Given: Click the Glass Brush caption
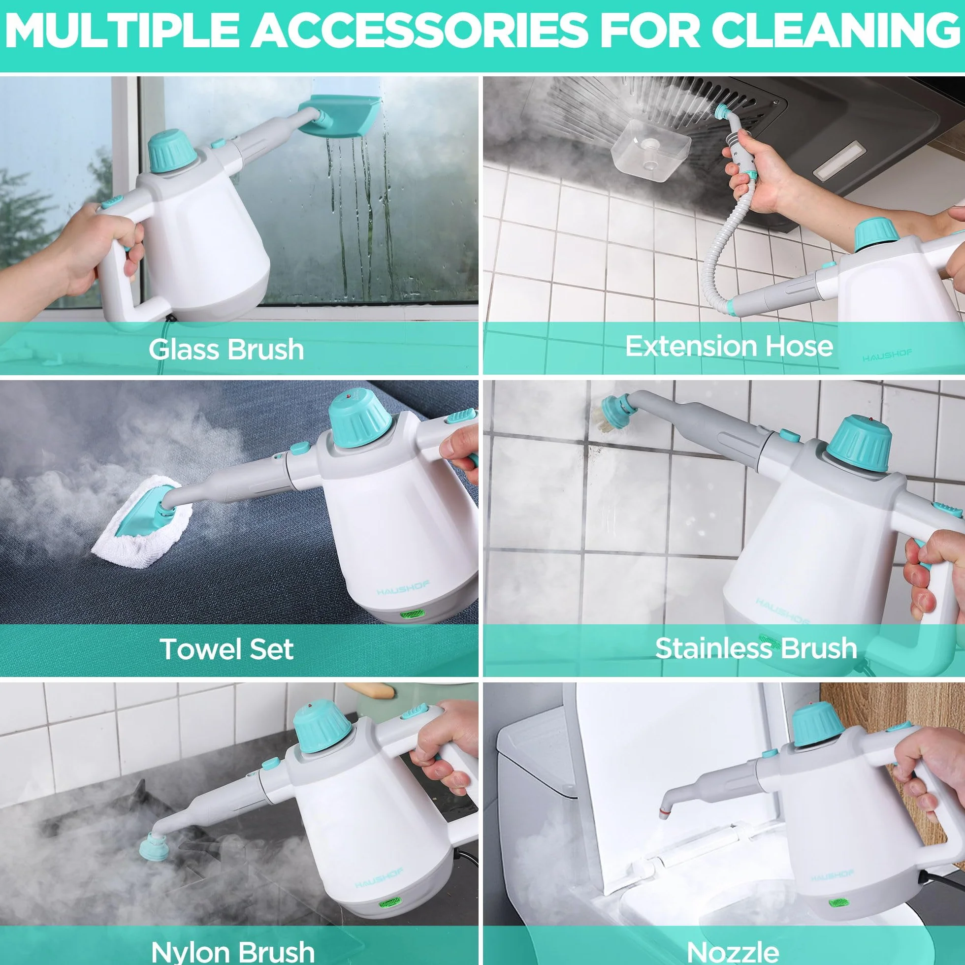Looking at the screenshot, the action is pos(226,349).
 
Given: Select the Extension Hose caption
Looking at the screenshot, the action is pos(729,346).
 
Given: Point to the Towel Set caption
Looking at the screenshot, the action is pos(227,649).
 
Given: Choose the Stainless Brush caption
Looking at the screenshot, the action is pos(756,648).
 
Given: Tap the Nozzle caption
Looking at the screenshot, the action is pos(733,952).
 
